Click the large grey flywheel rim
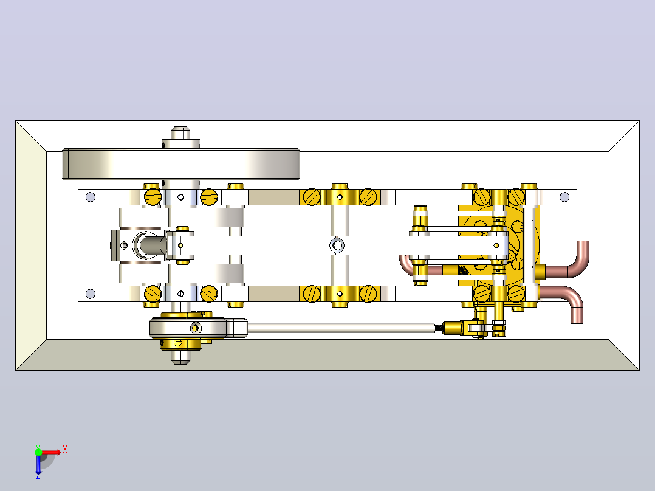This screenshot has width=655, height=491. [181, 164]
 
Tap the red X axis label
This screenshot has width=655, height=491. [65, 450]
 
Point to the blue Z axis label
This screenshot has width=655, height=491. [38, 476]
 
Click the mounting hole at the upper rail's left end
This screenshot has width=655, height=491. [91, 197]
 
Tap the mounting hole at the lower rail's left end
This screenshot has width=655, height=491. [91, 294]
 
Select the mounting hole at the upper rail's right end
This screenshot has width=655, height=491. [564, 197]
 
